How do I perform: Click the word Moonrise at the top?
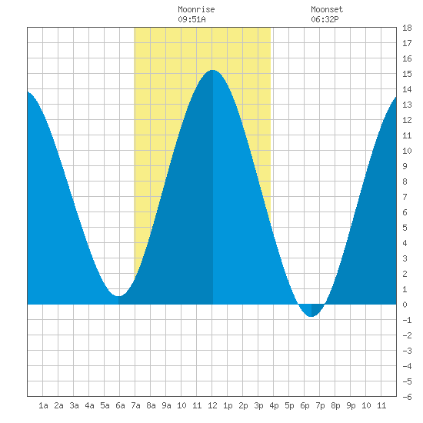(196, 9)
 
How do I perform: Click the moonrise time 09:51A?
(192, 19)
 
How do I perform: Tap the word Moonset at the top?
(327, 9)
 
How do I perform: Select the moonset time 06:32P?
(325, 19)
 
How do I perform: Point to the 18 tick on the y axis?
(407, 28)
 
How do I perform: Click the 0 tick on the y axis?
(405, 305)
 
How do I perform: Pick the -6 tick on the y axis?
(407, 397)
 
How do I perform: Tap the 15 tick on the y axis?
(407, 74)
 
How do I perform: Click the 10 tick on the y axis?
(407, 151)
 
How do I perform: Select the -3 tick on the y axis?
(407, 351)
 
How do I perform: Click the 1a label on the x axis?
(43, 405)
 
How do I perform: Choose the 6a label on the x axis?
(120, 405)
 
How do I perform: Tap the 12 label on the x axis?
(212, 405)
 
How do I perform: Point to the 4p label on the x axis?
(274, 405)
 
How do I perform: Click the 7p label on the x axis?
(320, 405)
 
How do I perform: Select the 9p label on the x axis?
(351, 405)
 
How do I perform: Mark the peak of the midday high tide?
(213, 70)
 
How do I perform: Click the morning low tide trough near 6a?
(118, 296)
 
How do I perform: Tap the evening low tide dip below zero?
(311, 316)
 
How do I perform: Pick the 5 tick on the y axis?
(405, 228)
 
